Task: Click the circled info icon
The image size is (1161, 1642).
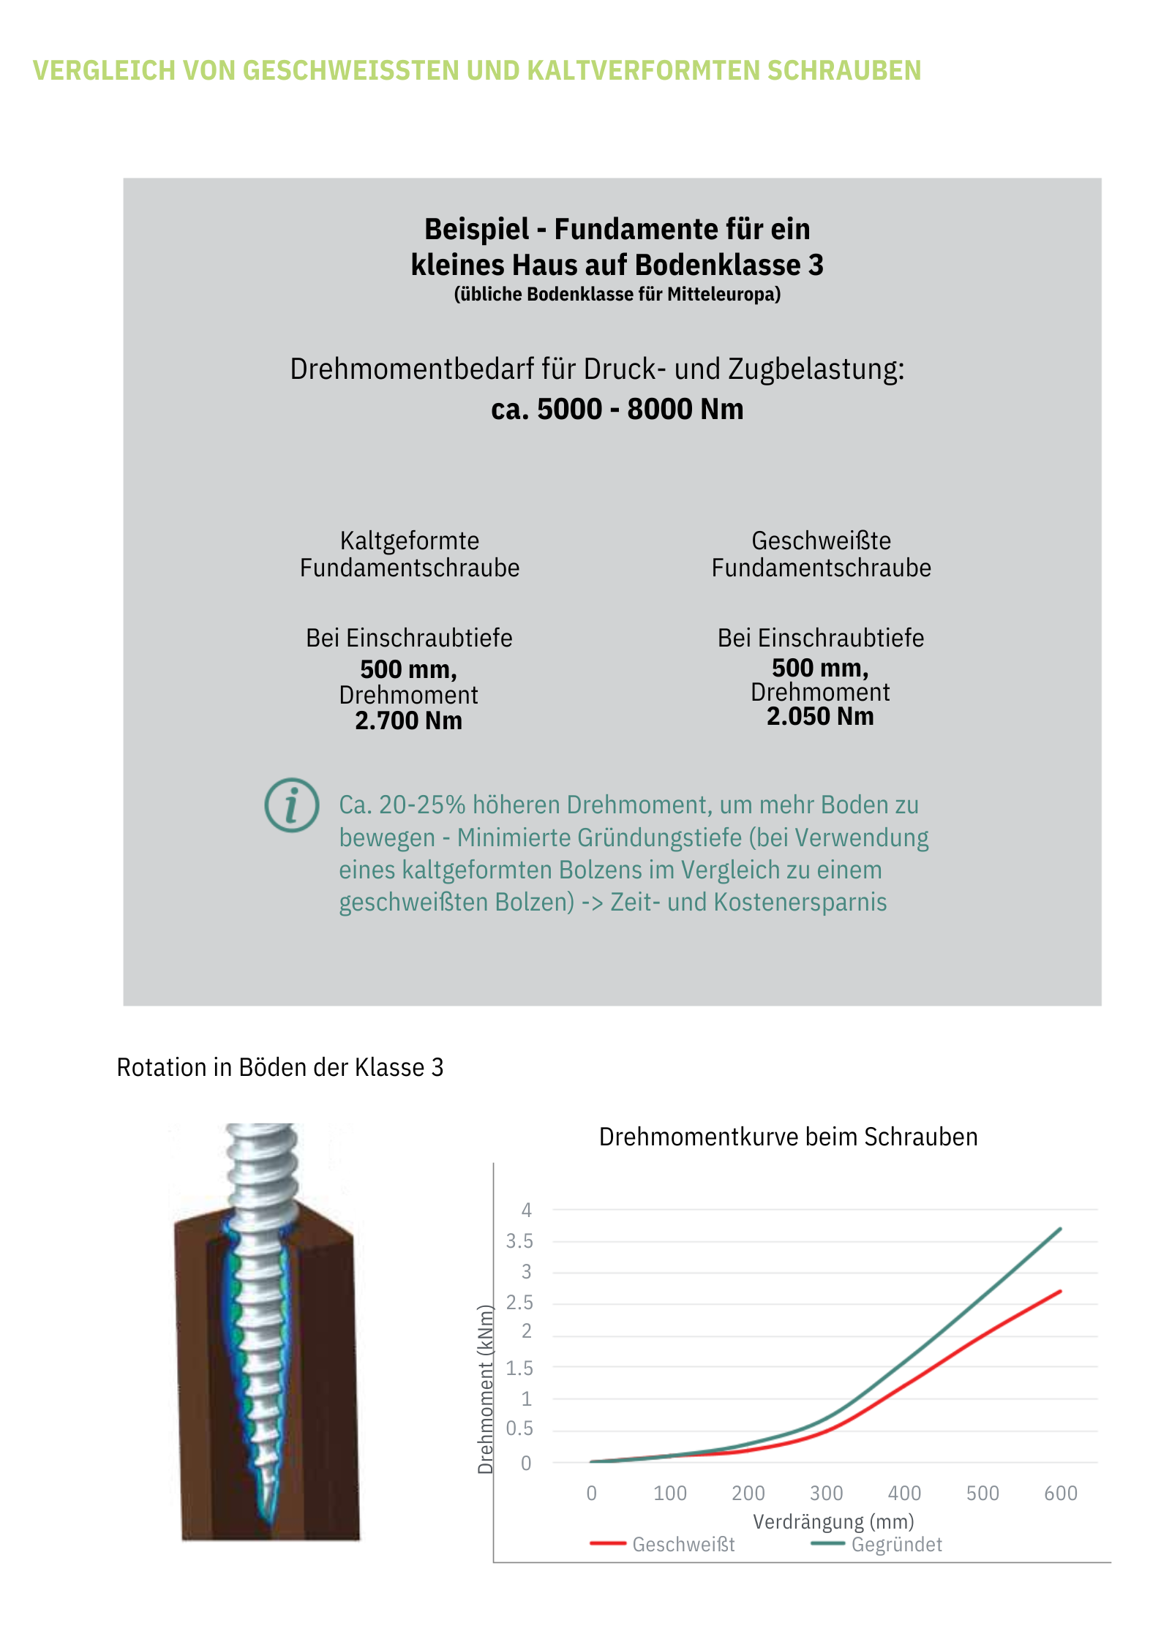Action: (x=291, y=805)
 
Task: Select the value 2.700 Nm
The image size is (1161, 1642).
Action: (x=408, y=720)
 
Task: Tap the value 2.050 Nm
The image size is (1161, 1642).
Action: (x=820, y=716)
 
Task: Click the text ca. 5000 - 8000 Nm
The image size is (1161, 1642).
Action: (x=617, y=409)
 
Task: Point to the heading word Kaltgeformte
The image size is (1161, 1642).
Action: (x=410, y=541)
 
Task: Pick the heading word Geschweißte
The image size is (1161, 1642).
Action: (x=821, y=541)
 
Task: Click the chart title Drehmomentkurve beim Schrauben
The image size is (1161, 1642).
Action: (x=788, y=1137)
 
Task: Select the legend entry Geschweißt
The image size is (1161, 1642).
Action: (x=683, y=1544)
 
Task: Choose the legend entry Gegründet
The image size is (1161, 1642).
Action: (x=896, y=1544)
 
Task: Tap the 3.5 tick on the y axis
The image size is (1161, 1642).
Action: (x=519, y=1241)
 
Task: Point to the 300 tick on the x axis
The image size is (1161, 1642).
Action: (x=826, y=1493)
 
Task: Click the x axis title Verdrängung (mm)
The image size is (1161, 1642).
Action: (x=833, y=1521)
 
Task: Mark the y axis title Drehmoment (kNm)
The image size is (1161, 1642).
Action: (x=485, y=1390)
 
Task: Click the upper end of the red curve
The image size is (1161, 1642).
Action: (x=1060, y=1292)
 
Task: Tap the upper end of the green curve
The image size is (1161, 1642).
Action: (x=1060, y=1229)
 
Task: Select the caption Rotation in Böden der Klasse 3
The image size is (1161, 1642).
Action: (x=280, y=1067)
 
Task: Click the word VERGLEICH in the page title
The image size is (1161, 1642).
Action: (x=105, y=71)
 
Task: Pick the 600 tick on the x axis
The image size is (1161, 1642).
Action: (x=1061, y=1493)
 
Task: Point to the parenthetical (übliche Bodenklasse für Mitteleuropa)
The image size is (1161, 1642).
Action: (x=617, y=294)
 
